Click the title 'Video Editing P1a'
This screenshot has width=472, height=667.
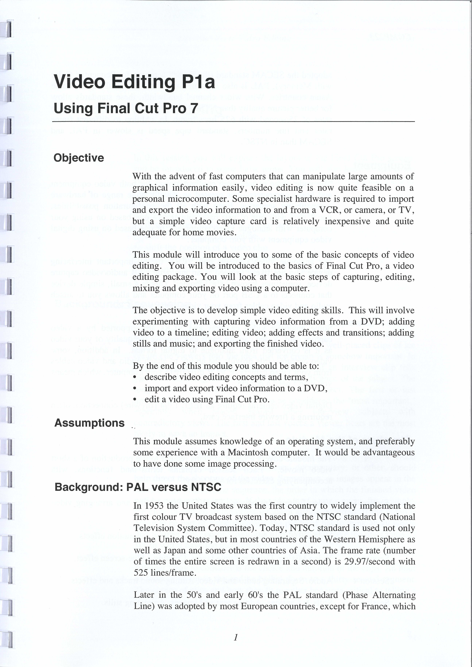[x=134, y=82]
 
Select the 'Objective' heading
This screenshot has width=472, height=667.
[x=79, y=158]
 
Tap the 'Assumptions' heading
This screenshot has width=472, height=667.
[x=89, y=423]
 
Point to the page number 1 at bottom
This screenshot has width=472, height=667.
[x=236, y=637]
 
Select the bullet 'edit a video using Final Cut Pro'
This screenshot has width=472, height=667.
[x=207, y=399]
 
